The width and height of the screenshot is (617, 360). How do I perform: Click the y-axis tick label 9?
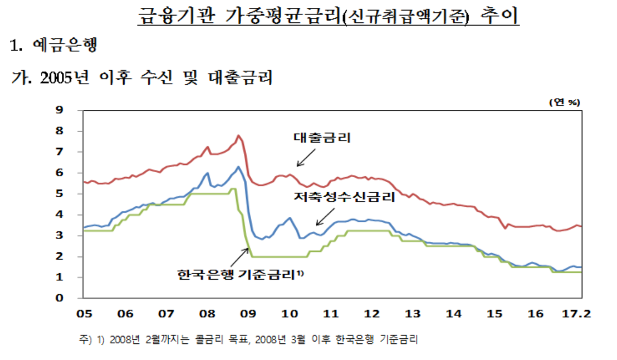(x=73, y=110)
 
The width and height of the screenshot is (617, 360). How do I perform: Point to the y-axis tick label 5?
(x=73, y=193)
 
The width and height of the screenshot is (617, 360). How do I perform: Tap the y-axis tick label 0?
(x=73, y=298)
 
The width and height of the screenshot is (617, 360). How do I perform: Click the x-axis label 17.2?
(x=577, y=314)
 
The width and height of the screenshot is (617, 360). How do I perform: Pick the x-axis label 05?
(x=84, y=314)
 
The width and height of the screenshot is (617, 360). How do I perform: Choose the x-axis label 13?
(x=412, y=314)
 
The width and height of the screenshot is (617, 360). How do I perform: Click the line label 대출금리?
(x=322, y=138)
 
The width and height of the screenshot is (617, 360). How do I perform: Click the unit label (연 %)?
(x=565, y=102)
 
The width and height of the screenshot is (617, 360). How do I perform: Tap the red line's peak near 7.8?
(x=238, y=135)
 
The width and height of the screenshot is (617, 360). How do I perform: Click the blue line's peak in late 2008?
(x=238, y=167)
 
